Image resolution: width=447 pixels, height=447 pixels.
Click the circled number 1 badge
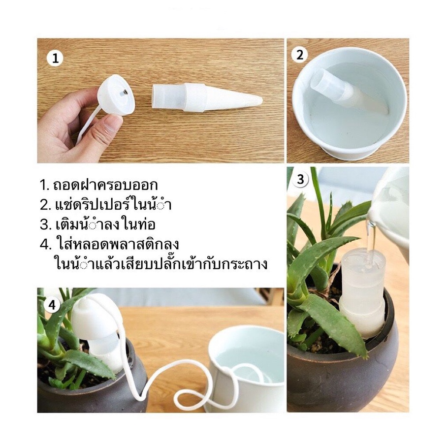(x=55, y=59)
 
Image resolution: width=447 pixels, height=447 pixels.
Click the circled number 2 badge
(x=300, y=55)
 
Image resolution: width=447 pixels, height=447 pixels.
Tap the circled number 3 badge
(x=301, y=180)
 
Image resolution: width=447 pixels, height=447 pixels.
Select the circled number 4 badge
(x=52, y=305)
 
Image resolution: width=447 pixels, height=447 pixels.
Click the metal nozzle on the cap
(x=125, y=93)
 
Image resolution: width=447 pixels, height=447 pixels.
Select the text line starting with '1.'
(x=98, y=185)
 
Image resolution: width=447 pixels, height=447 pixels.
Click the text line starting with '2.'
(x=106, y=204)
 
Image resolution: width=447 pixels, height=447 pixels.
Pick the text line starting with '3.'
(x=98, y=224)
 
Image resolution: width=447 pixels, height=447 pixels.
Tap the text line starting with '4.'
(x=109, y=244)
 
